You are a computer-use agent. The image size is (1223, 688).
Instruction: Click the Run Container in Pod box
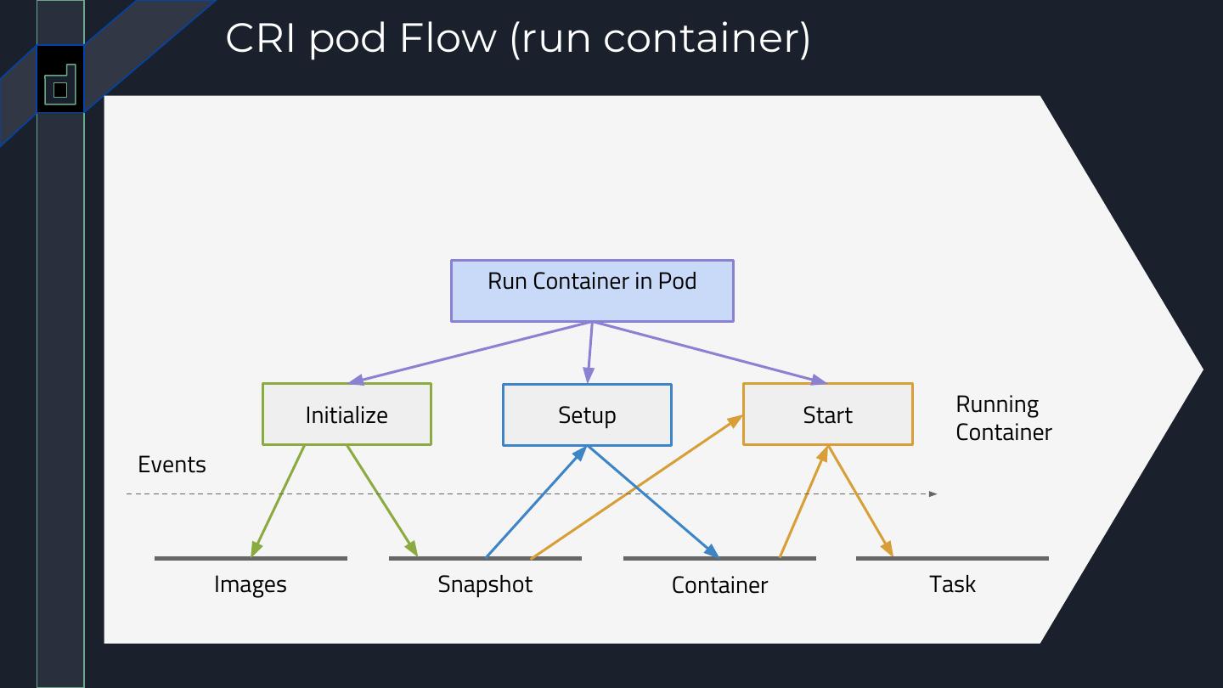tap(592, 291)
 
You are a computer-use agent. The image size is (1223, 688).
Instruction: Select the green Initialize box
tap(347, 414)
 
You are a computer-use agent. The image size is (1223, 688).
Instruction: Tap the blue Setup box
tap(587, 415)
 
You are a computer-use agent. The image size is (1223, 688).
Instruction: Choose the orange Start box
tap(828, 414)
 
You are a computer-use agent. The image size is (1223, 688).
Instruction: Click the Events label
tap(172, 465)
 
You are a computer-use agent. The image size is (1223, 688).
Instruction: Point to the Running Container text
tap(1004, 418)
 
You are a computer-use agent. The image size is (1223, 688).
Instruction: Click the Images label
tap(250, 584)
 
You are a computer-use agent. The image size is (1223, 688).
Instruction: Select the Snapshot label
tap(485, 584)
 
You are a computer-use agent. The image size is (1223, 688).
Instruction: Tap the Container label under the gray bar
tap(719, 585)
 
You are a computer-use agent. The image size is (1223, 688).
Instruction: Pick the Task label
tap(952, 584)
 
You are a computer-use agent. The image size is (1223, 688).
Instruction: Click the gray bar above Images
tap(251, 558)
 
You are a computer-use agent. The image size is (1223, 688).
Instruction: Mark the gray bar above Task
tap(952, 558)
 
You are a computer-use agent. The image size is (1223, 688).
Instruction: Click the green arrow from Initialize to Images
tap(278, 501)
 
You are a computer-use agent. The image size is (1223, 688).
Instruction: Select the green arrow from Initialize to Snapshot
tap(382, 501)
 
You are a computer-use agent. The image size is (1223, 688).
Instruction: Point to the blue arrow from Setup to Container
tap(653, 502)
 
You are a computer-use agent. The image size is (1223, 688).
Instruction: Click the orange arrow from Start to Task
tap(860, 501)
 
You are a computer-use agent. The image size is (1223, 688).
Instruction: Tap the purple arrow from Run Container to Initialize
tap(471, 352)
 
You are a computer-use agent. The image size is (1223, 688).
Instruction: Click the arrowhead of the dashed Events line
tap(933, 494)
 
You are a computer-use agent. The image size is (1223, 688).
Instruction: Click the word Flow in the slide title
tap(448, 38)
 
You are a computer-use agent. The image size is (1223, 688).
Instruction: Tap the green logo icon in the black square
tap(60, 85)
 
